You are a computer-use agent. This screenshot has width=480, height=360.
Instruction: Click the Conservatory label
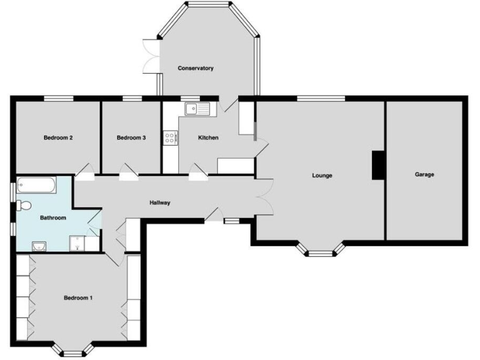coord(196,68)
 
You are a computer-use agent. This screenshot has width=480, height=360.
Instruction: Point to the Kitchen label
coord(208,137)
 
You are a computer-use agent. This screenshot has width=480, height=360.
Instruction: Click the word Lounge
coord(322,176)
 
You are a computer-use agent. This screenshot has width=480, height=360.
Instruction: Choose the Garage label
coord(424,174)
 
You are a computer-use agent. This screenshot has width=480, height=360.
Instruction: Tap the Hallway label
coord(160,202)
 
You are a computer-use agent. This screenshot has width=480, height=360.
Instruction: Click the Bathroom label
coord(53,218)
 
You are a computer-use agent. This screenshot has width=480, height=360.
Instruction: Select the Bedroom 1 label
coord(78,298)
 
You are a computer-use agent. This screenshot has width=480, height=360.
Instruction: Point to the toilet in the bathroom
coord(25,205)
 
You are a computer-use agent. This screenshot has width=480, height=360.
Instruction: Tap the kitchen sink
coord(199,109)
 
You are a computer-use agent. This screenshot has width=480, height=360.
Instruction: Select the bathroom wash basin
coord(39,245)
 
